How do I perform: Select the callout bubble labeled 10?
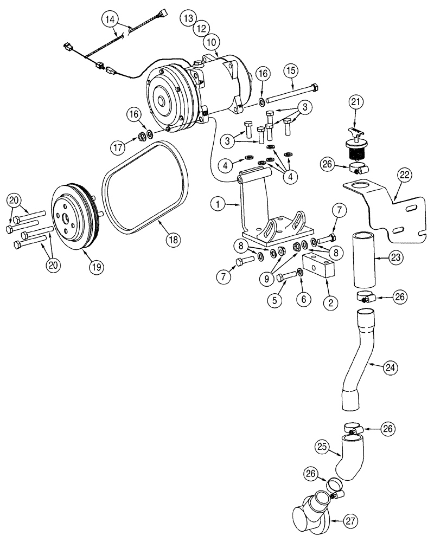click(x=210, y=41)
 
